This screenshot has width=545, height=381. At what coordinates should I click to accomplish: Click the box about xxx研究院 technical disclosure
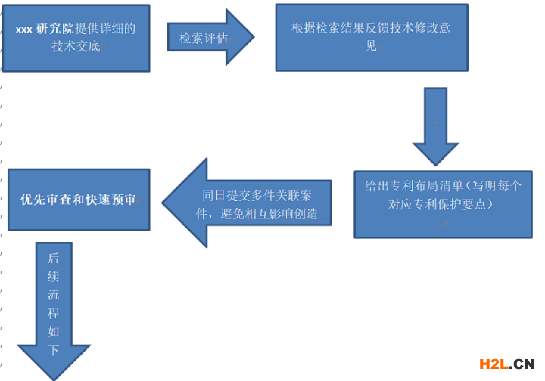76,38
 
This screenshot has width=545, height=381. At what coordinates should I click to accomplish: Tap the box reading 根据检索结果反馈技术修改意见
371,36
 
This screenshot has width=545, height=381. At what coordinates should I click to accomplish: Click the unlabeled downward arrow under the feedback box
435,125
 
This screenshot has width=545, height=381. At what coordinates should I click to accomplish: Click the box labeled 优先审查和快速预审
79,200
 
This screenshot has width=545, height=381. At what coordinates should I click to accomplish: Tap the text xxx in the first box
23,29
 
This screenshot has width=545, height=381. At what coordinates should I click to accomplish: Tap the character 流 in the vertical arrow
53,294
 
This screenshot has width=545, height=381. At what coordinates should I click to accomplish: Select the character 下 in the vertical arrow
53,349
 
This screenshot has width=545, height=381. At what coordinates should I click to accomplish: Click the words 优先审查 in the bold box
48,200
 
